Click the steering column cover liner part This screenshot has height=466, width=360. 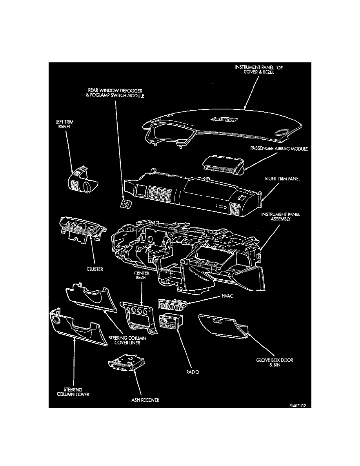click(91, 299)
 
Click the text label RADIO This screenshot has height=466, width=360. click(192, 371)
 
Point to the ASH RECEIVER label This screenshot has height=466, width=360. click(145, 400)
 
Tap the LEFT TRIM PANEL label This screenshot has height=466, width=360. click(64, 124)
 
